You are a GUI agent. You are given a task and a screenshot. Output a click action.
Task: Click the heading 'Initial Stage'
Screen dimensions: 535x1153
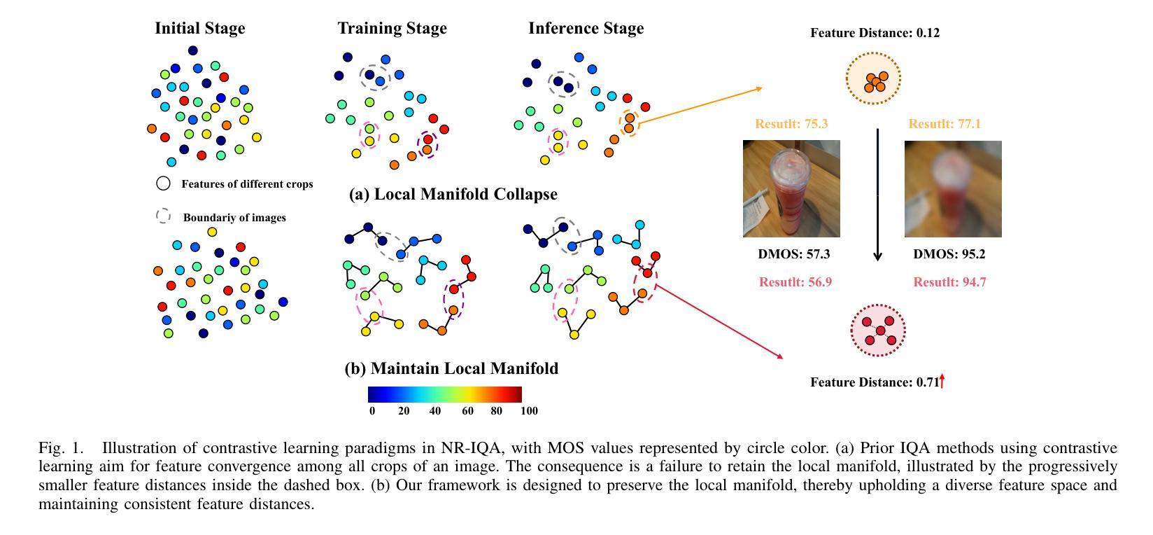tap(199, 29)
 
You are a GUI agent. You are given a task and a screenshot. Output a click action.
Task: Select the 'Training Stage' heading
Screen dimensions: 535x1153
tap(392, 29)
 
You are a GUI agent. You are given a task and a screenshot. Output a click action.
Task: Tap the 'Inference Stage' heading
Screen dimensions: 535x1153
tap(586, 29)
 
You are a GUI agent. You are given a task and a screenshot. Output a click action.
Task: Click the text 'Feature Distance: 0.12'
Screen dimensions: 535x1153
tap(875, 33)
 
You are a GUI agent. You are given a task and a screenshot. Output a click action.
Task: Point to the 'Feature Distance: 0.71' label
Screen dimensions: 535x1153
tap(874, 382)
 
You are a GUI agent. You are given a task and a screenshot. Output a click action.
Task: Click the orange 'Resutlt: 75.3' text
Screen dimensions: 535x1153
tap(791, 124)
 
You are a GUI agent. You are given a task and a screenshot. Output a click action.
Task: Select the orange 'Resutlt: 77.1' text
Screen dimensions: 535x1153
tap(945, 124)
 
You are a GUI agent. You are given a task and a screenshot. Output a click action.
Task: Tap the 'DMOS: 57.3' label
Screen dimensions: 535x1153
tap(793, 254)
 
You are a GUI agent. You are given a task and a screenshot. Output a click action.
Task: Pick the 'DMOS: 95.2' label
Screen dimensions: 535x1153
tap(949, 254)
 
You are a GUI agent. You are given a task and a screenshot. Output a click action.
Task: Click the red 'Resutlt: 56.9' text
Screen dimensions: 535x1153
tap(795, 282)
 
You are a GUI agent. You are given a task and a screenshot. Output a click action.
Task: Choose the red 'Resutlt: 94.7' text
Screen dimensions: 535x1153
tap(949, 282)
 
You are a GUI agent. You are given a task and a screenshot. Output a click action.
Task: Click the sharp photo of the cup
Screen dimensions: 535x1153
tap(791, 188)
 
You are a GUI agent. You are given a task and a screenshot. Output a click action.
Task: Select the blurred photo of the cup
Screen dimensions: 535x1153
tap(953, 188)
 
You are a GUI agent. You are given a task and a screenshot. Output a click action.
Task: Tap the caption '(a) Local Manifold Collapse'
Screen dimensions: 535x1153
tap(453, 195)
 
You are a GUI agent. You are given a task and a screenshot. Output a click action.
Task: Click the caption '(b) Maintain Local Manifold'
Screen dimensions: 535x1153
tap(451, 369)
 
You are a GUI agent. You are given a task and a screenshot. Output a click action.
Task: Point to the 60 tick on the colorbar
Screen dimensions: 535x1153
tap(467, 411)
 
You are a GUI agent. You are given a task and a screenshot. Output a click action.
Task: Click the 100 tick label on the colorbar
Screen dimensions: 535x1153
tap(529, 411)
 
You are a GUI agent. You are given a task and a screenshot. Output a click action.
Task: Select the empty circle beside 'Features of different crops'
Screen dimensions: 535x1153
tap(163, 183)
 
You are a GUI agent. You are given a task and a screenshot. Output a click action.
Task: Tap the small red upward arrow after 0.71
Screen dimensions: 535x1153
tap(942, 381)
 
